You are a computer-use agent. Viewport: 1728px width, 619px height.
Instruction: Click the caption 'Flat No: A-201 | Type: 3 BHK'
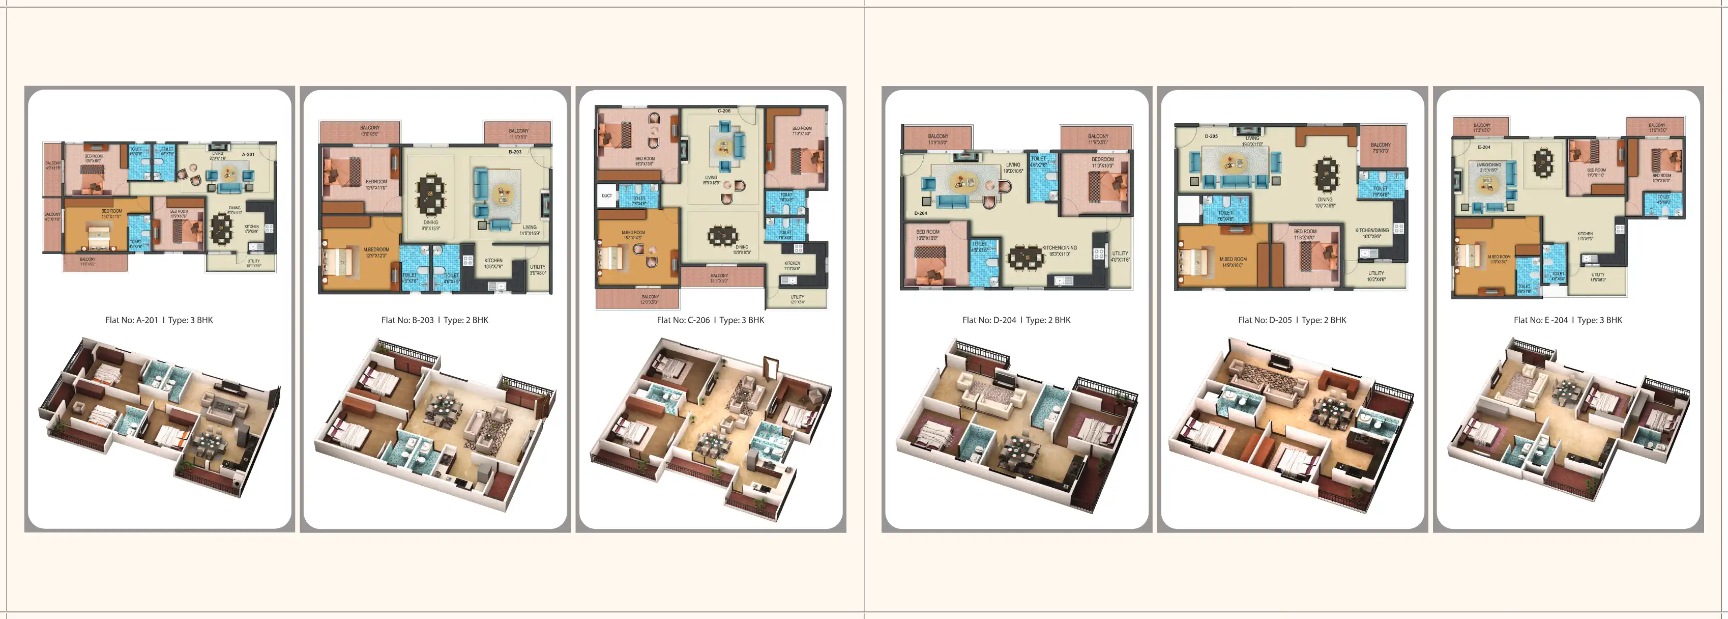pos(159,320)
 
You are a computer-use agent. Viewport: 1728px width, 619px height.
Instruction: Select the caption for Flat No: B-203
pos(435,320)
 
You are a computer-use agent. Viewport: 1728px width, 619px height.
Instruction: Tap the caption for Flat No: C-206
pos(711,320)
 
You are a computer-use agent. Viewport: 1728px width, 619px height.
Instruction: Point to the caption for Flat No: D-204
pos(1016,320)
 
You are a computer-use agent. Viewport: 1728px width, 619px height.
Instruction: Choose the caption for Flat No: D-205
pos(1292,320)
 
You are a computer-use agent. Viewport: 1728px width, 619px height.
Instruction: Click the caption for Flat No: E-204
pos(1568,320)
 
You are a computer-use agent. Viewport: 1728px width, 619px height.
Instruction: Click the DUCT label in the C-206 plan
pos(606,196)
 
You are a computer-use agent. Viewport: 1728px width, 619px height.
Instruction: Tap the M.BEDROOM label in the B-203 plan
pos(375,250)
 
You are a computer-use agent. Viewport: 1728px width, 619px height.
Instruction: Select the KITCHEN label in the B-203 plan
pos(493,261)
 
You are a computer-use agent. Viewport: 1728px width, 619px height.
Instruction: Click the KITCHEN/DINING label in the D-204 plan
pos(1059,248)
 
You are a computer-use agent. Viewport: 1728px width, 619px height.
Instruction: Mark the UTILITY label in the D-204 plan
pos(1120,254)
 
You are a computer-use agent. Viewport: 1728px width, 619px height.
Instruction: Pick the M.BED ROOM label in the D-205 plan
pos(1233,259)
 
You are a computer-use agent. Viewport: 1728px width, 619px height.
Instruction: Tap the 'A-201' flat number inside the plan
pos(248,154)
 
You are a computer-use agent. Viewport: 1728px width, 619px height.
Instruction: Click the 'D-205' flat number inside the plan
pos(1211,136)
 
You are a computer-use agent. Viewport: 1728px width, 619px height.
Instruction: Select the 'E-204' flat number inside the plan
pos(1484,147)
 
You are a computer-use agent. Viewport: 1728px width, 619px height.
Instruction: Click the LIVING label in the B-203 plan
pos(529,228)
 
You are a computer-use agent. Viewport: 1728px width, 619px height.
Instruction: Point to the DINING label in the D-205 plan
pos(1325,200)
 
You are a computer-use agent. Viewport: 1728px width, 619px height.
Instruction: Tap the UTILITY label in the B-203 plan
pos(537,267)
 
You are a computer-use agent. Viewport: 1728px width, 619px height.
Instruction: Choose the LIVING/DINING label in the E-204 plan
pos(1488,164)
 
